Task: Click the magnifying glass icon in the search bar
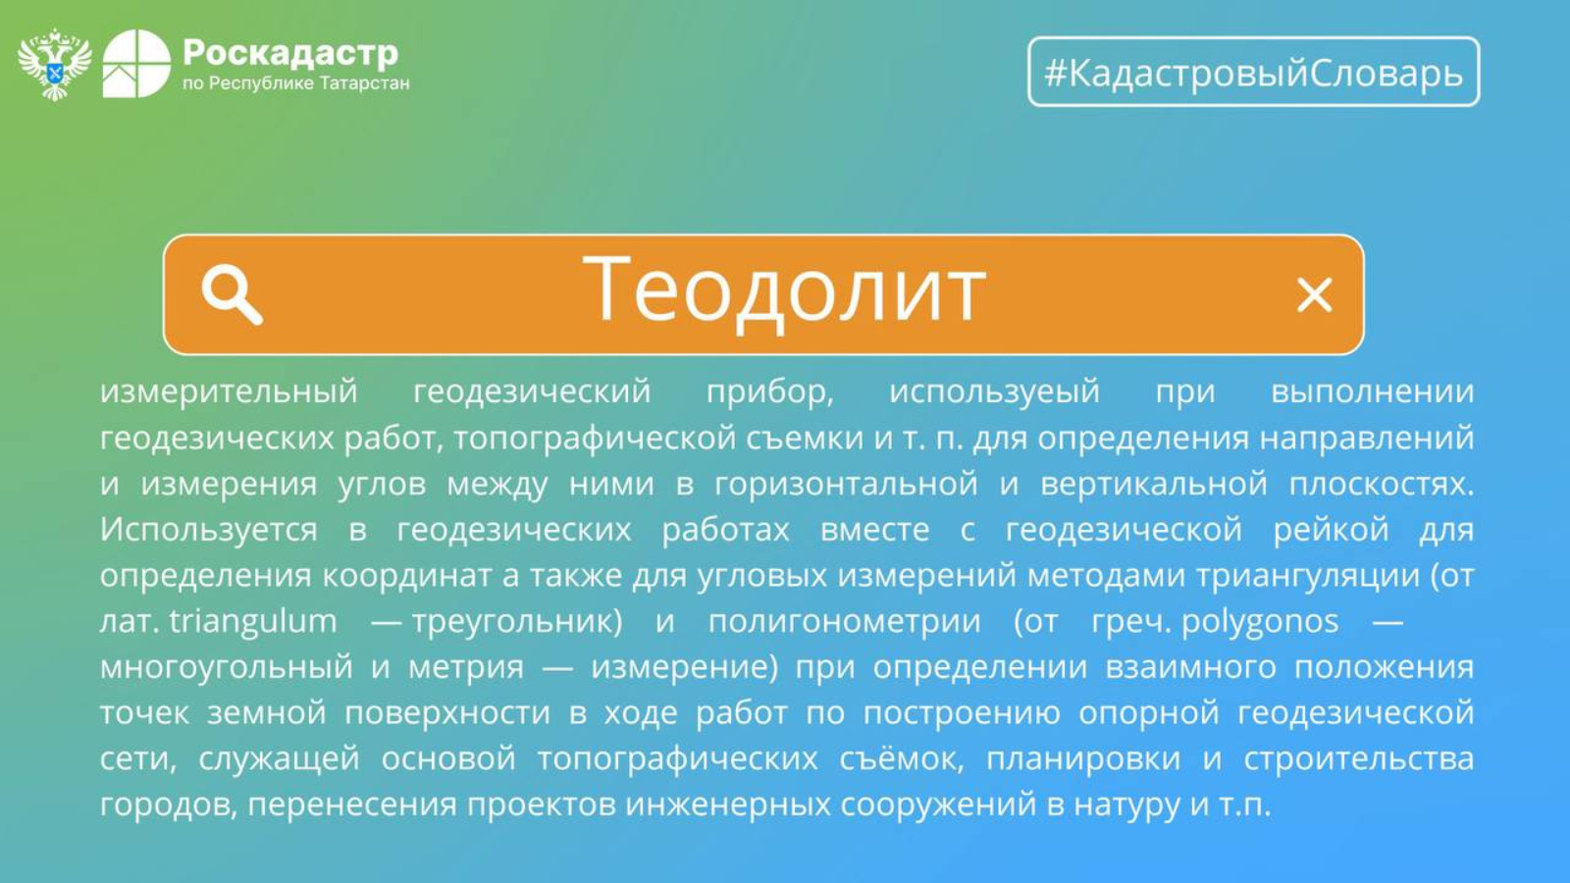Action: tap(232, 294)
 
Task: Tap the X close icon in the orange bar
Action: tap(1314, 295)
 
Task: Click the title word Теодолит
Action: tap(784, 289)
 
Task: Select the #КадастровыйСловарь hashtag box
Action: tap(1254, 72)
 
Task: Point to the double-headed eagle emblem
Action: tap(55, 65)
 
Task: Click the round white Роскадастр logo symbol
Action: tap(136, 64)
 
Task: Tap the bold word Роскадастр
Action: tap(290, 53)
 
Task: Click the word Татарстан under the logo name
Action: tap(364, 83)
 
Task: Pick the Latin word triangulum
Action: tap(253, 622)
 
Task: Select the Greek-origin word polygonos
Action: tap(1260, 622)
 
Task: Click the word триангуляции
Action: tap(1308, 576)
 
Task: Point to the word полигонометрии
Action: tap(845, 622)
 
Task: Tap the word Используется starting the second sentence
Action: tap(208, 530)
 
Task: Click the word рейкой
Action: tap(1331, 530)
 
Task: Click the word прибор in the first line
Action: tap(769, 391)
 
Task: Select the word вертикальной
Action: tap(1154, 485)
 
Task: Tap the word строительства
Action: tap(1359, 759)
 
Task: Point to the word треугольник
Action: tap(516, 622)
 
